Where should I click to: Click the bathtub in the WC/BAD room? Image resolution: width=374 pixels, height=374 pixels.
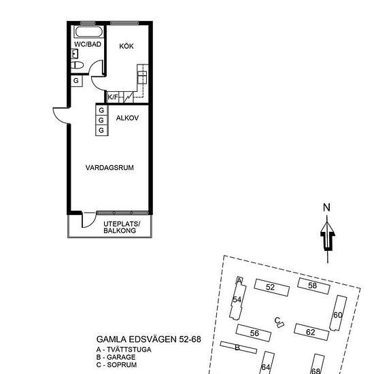(x=88, y=32)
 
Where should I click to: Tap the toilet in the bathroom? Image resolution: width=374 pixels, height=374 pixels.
(x=78, y=65)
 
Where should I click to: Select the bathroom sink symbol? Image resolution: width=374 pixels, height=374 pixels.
(x=75, y=54)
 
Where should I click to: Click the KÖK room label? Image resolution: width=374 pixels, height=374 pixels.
(x=126, y=46)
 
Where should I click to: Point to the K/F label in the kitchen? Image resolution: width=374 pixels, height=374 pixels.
(x=113, y=97)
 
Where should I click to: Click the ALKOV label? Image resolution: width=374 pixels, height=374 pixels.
(x=127, y=118)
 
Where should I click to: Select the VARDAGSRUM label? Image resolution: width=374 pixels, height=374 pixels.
(x=109, y=168)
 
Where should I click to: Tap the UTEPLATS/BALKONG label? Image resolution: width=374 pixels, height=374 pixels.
(x=122, y=227)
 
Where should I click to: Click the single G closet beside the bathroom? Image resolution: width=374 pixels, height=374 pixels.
(x=77, y=81)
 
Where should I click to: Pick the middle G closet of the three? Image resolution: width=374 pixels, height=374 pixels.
(x=102, y=120)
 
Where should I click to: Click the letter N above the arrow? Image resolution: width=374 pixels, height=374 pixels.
(x=326, y=207)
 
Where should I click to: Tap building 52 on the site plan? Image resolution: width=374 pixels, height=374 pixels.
(x=272, y=287)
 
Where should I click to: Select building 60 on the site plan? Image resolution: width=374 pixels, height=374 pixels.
(x=338, y=313)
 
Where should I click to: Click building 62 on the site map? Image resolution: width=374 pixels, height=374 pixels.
(x=311, y=332)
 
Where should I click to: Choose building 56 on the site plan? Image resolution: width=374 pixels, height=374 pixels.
(x=254, y=333)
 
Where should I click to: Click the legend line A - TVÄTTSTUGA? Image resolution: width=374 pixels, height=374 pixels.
(x=124, y=350)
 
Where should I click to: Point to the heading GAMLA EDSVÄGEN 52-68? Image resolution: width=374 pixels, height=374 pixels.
(x=149, y=339)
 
